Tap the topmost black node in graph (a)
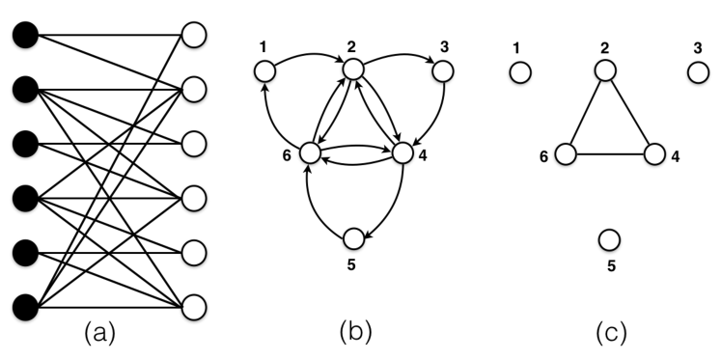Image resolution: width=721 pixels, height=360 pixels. [x=25, y=36]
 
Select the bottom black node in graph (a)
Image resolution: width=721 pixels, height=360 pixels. [x=25, y=307]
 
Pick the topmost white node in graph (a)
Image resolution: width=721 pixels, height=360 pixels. [x=194, y=36]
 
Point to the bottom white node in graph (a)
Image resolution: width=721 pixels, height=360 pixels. [x=194, y=307]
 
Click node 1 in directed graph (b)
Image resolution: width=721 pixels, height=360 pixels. [x=264, y=70]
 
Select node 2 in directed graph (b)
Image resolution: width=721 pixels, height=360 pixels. [x=353, y=69]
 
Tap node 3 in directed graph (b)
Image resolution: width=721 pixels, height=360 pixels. [x=442, y=70]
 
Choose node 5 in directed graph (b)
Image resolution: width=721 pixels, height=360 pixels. [x=353, y=237]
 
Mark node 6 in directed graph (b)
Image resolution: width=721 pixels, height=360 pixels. [x=310, y=152]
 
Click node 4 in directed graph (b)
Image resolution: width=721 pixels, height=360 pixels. [x=401, y=152]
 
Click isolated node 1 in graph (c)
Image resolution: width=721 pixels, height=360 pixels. [x=520, y=71]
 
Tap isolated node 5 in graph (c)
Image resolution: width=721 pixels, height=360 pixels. [x=609, y=238]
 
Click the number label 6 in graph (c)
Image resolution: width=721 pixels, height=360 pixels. [x=544, y=156]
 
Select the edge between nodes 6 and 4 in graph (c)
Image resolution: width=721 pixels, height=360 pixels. [x=610, y=153]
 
